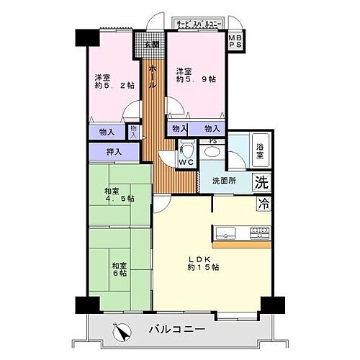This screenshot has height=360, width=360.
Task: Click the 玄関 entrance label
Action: click(x=150, y=45)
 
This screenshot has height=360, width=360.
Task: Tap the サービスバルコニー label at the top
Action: click(x=199, y=24)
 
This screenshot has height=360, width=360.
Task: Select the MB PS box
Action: click(x=235, y=42)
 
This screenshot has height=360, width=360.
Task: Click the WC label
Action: click(x=186, y=163)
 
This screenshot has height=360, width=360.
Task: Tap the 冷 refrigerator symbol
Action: click(x=264, y=204)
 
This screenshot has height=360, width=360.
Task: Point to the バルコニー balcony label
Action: click(x=176, y=330)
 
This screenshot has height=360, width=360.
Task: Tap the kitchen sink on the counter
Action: click(x=225, y=233)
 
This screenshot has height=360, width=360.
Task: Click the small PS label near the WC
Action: click(x=212, y=142)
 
